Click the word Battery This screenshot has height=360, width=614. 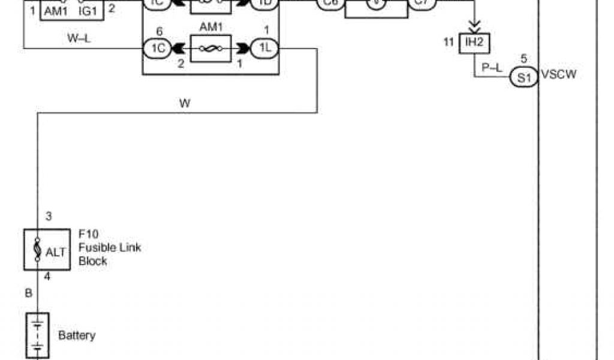[x=77, y=335]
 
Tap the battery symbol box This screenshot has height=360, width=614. [x=37, y=335]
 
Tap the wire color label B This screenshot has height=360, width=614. [x=28, y=293]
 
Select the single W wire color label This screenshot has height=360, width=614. [x=185, y=103]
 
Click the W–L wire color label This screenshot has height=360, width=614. [x=79, y=40]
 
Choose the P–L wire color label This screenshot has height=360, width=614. [x=492, y=68]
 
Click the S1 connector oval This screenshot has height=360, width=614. [x=524, y=77]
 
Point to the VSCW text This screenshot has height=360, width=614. [x=558, y=76]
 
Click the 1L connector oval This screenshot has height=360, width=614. [x=264, y=48]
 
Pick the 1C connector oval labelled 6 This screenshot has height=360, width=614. [x=158, y=48]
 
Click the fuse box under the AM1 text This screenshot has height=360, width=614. [x=211, y=48]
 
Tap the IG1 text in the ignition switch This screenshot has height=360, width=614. [x=88, y=10]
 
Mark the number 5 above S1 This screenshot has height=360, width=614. [x=524, y=59]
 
